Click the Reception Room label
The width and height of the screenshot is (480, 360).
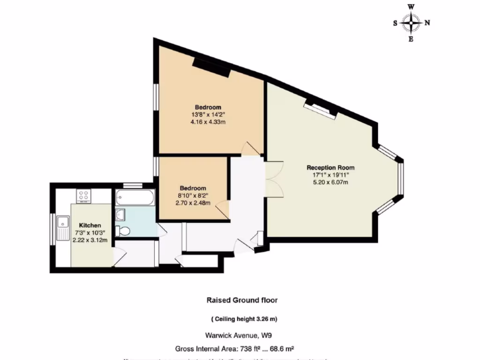click(330, 167)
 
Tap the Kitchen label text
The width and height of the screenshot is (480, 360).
click(90, 225)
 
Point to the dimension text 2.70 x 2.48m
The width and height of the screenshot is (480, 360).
click(193, 203)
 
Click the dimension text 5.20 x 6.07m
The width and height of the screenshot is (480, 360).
click(330, 182)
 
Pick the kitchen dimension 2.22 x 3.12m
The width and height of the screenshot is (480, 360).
click(90, 240)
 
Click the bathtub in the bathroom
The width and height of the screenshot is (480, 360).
click(135, 198)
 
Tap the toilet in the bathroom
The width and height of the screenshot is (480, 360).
click(124, 231)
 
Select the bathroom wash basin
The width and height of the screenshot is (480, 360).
click(120, 215)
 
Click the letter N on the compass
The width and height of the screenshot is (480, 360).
click(427, 22)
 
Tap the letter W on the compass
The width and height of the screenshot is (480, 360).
click(411, 7)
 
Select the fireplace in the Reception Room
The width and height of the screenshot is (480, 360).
click(321, 108)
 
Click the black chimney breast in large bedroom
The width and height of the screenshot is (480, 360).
click(211, 68)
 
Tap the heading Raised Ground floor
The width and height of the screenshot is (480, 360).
click(245, 300)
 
